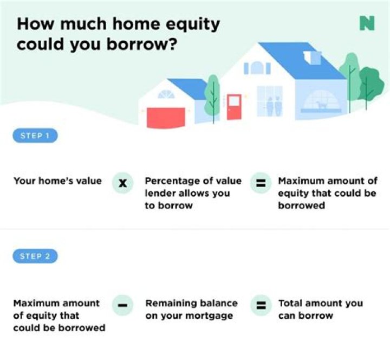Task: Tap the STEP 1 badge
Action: click(x=35, y=136)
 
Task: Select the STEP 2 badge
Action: click(x=35, y=256)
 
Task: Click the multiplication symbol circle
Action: click(x=123, y=183)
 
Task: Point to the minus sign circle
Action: click(x=123, y=305)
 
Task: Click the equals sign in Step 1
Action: click(x=261, y=183)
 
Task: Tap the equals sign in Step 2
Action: click(x=261, y=305)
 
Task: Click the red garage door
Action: click(x=166, y=117)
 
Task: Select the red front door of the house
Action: click(x=234, y=107)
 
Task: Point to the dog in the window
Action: click(x=322, y=103)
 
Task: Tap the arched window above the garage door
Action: click(x=166, y=95)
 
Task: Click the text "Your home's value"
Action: click(x=57, y=181)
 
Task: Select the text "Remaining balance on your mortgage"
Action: click(x=191, y=309)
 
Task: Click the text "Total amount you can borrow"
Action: click(x=320, y=309)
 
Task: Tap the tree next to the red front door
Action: click(x=213, y=95)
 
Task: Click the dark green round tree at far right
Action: click(x=372, y=81)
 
